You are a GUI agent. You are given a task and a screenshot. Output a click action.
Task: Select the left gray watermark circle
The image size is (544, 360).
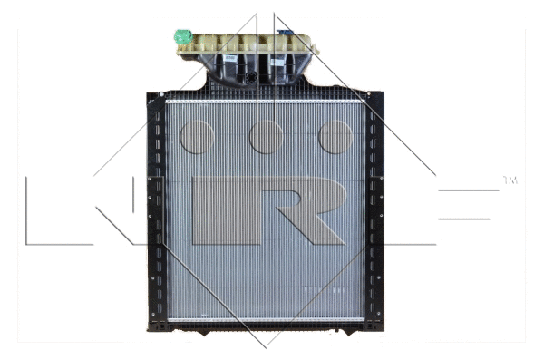coord(197,137)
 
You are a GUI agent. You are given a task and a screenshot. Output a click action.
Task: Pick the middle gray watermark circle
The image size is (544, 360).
coord(267,137)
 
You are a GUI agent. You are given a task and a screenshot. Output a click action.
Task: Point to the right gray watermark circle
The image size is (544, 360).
coord(335,137)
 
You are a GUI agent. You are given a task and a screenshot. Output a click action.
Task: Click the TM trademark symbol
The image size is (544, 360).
coord(510,181)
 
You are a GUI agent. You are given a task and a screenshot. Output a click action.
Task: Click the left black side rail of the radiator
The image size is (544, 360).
coord(155,209)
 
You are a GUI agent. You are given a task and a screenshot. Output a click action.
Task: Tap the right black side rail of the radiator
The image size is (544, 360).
coord(375,209)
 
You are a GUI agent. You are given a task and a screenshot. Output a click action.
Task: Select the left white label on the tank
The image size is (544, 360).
coord(231,57)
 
